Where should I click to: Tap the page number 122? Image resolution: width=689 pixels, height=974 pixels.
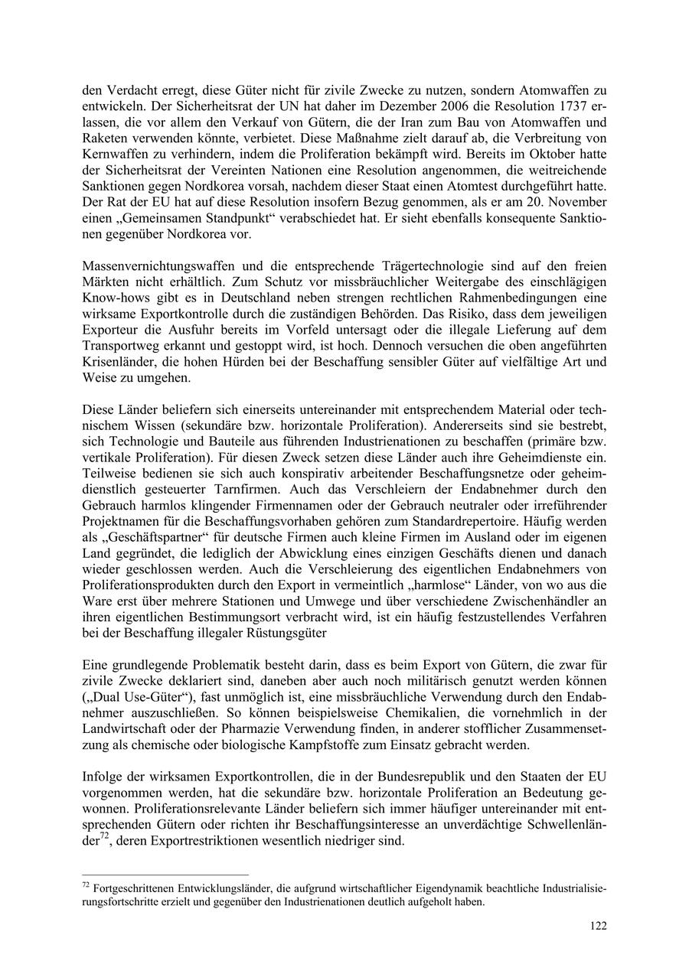(598, 926)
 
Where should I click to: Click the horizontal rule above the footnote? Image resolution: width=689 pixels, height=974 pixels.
(165, 874)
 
